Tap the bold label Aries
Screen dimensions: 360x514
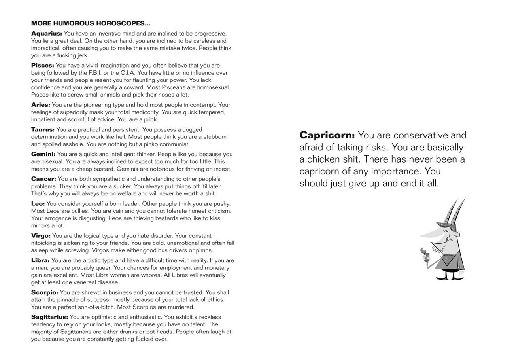point(41,105)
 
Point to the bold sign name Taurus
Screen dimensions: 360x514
point(43,129)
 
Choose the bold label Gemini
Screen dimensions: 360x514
point(43,154)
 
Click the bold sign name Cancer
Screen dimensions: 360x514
point(43,179)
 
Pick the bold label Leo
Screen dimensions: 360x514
point(38,204)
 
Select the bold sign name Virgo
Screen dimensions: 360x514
point(41,236)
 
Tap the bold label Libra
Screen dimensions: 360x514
point(40,260)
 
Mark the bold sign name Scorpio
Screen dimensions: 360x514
point(45,292)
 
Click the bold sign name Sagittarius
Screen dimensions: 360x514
point(49,317)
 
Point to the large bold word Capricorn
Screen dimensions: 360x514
point(327,135)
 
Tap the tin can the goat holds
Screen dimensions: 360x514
point(426,258)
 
